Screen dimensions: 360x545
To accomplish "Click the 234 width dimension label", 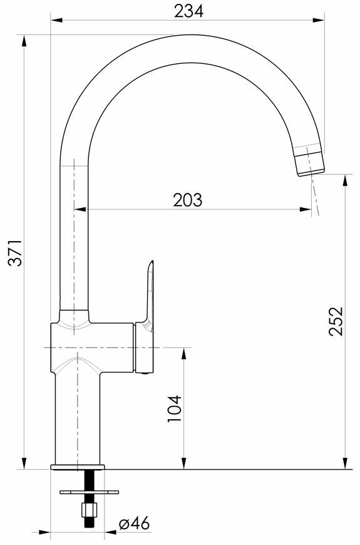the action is click(188, 11).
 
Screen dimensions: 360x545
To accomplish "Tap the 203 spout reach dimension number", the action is click(188, 200).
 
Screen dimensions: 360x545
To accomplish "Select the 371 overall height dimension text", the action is click(16, 252).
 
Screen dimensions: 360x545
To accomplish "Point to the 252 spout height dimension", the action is click(336, 321).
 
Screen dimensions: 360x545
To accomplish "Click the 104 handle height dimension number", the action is click(175, 408).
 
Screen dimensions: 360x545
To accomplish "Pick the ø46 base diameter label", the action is click(134, 523).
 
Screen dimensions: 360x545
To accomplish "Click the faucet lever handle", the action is click(146, 316).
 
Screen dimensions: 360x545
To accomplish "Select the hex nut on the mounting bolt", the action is click(86, 509).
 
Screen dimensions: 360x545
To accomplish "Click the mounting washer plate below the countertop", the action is click(89, 492).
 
